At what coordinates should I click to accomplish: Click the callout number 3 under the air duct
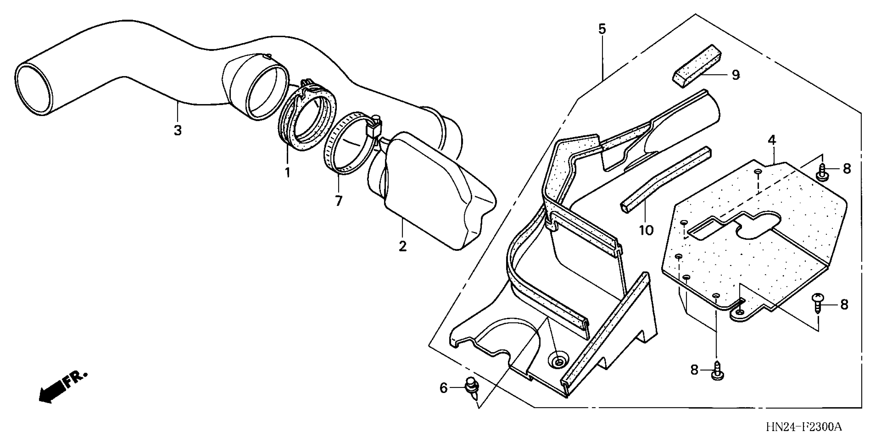(x=178, y=130)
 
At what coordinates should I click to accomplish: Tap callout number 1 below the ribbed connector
(x=287, y=172)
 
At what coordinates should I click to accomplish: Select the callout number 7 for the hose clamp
(x=339, y=201)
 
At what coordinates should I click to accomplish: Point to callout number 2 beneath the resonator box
(x=403, y=246)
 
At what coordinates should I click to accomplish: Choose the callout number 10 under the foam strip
(x=646, y=230)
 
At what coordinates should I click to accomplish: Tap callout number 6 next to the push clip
(x=443, y=388)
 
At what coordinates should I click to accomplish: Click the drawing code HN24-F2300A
(x=803, y=427)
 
